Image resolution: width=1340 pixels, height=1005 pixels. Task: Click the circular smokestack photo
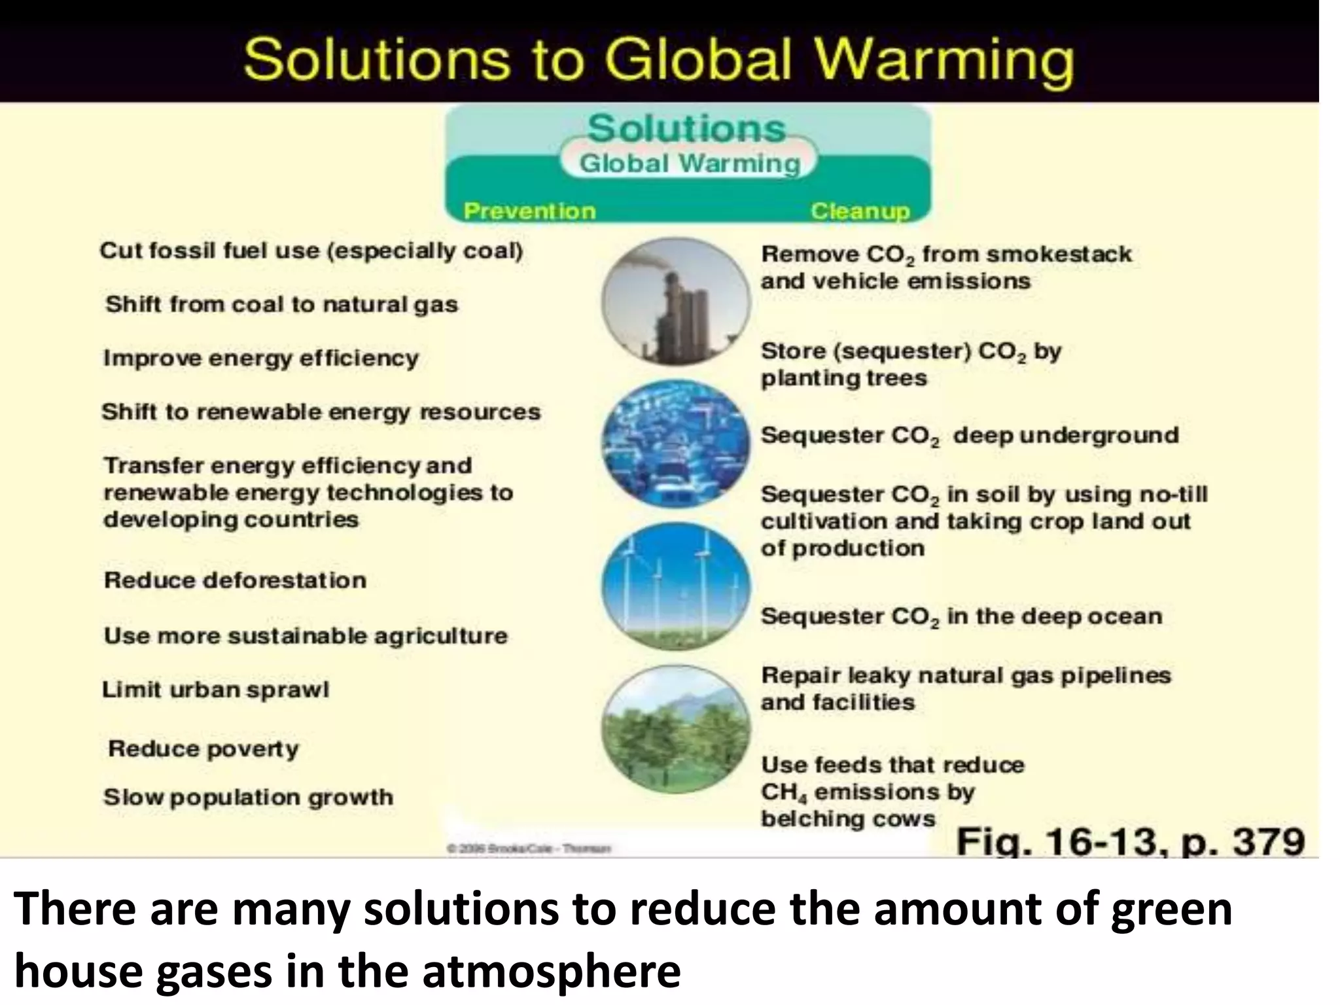click(x=676, y=301)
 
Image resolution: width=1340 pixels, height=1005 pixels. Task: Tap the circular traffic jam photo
click(x=676, y=444)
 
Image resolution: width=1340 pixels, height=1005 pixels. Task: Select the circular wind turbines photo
click(x=676, y=586)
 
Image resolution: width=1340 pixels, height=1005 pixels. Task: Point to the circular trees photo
click(x=676, y=729)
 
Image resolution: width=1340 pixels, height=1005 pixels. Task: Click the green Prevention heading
click(x=529, y=211)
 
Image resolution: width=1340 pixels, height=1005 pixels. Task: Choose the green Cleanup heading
click(x=860, y=211)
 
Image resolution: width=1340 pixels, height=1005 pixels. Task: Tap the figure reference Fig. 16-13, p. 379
click(x=1131, y=841)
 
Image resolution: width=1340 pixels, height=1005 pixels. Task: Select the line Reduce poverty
click(x=203, y=749)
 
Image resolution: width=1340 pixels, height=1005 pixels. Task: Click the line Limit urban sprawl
click(x=215, y=690)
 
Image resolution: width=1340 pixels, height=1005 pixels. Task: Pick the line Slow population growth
click(x=248, y=797)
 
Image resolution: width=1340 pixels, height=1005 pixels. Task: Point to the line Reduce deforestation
click(x=235, y=580)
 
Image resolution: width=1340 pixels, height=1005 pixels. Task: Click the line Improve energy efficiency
click(x=260, y=359)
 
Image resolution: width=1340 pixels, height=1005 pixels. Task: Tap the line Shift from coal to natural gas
click(x=281, y=305)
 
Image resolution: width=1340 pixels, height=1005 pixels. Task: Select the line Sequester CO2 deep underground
click(x=969, y=436)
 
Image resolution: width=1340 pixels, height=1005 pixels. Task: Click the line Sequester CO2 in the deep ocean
click(x=961, y=616)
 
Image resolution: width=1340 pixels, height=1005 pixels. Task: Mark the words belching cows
click(x=848, y=819)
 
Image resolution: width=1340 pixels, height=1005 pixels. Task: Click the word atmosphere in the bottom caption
click(x=551, y=972)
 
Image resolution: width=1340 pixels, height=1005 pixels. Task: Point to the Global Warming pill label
click(x=690, y=163)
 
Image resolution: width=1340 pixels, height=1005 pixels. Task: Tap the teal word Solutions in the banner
click(x=686, y=128)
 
